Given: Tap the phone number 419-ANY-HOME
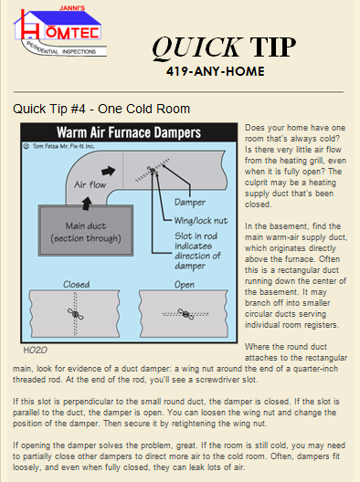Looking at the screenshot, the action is pos(216,71).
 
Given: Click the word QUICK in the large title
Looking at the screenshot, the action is pos(197,47).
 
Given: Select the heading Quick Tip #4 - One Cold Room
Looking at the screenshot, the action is pos(101,109).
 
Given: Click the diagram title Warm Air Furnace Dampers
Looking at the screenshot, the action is pos(129,132).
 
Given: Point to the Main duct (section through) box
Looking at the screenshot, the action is pos(86,231).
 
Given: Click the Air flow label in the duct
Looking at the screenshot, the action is pos(90,184).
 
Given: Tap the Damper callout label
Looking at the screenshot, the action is pos(190,203).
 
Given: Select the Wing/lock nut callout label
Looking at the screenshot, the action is pos(201,221).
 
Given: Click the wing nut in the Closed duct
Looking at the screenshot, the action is pos(76,314).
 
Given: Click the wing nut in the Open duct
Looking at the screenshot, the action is pos(185,314).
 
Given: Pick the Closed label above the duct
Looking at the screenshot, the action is pos(77,284).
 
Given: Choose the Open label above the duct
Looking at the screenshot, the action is pos(185,285).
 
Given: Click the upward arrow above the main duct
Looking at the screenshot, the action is pos(87,204).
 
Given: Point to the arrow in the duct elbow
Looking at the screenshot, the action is pos(109,171).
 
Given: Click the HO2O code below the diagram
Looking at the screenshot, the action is pos(36,351).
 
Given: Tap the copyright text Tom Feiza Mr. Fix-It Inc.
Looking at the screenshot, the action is pos(58,146).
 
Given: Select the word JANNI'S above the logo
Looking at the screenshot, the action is pos(71,8).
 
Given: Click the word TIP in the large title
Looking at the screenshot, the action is pos(272,47).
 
